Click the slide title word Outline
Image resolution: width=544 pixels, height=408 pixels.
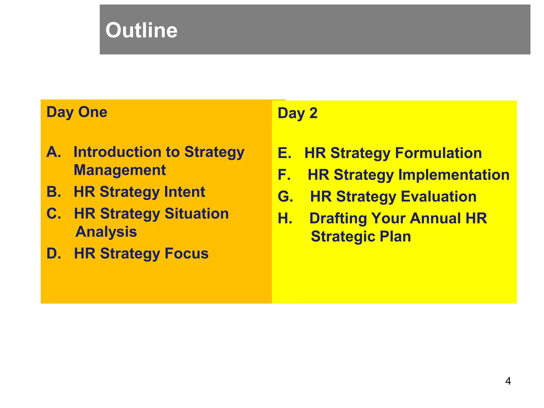(141, 30)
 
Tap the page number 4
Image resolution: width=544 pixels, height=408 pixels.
(508, 381)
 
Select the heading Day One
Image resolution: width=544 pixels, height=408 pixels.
(77, 112)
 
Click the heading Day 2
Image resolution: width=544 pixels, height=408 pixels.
(297, 113)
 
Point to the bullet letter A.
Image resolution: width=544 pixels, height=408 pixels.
(53, 152)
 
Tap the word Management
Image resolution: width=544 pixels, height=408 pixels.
(120, 170)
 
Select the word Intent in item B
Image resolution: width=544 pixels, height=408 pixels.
(184, 192)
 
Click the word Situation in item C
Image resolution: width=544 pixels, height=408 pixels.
(196, 214)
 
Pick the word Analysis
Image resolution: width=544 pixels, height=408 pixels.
(106, 232)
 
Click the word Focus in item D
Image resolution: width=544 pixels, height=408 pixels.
(186, 253)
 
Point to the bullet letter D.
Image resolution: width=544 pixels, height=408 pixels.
(53, 253)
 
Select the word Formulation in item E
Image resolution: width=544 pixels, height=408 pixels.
(438, 153)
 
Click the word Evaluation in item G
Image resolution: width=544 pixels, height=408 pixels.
(438, 197)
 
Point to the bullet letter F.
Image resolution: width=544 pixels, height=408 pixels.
(284, 175)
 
